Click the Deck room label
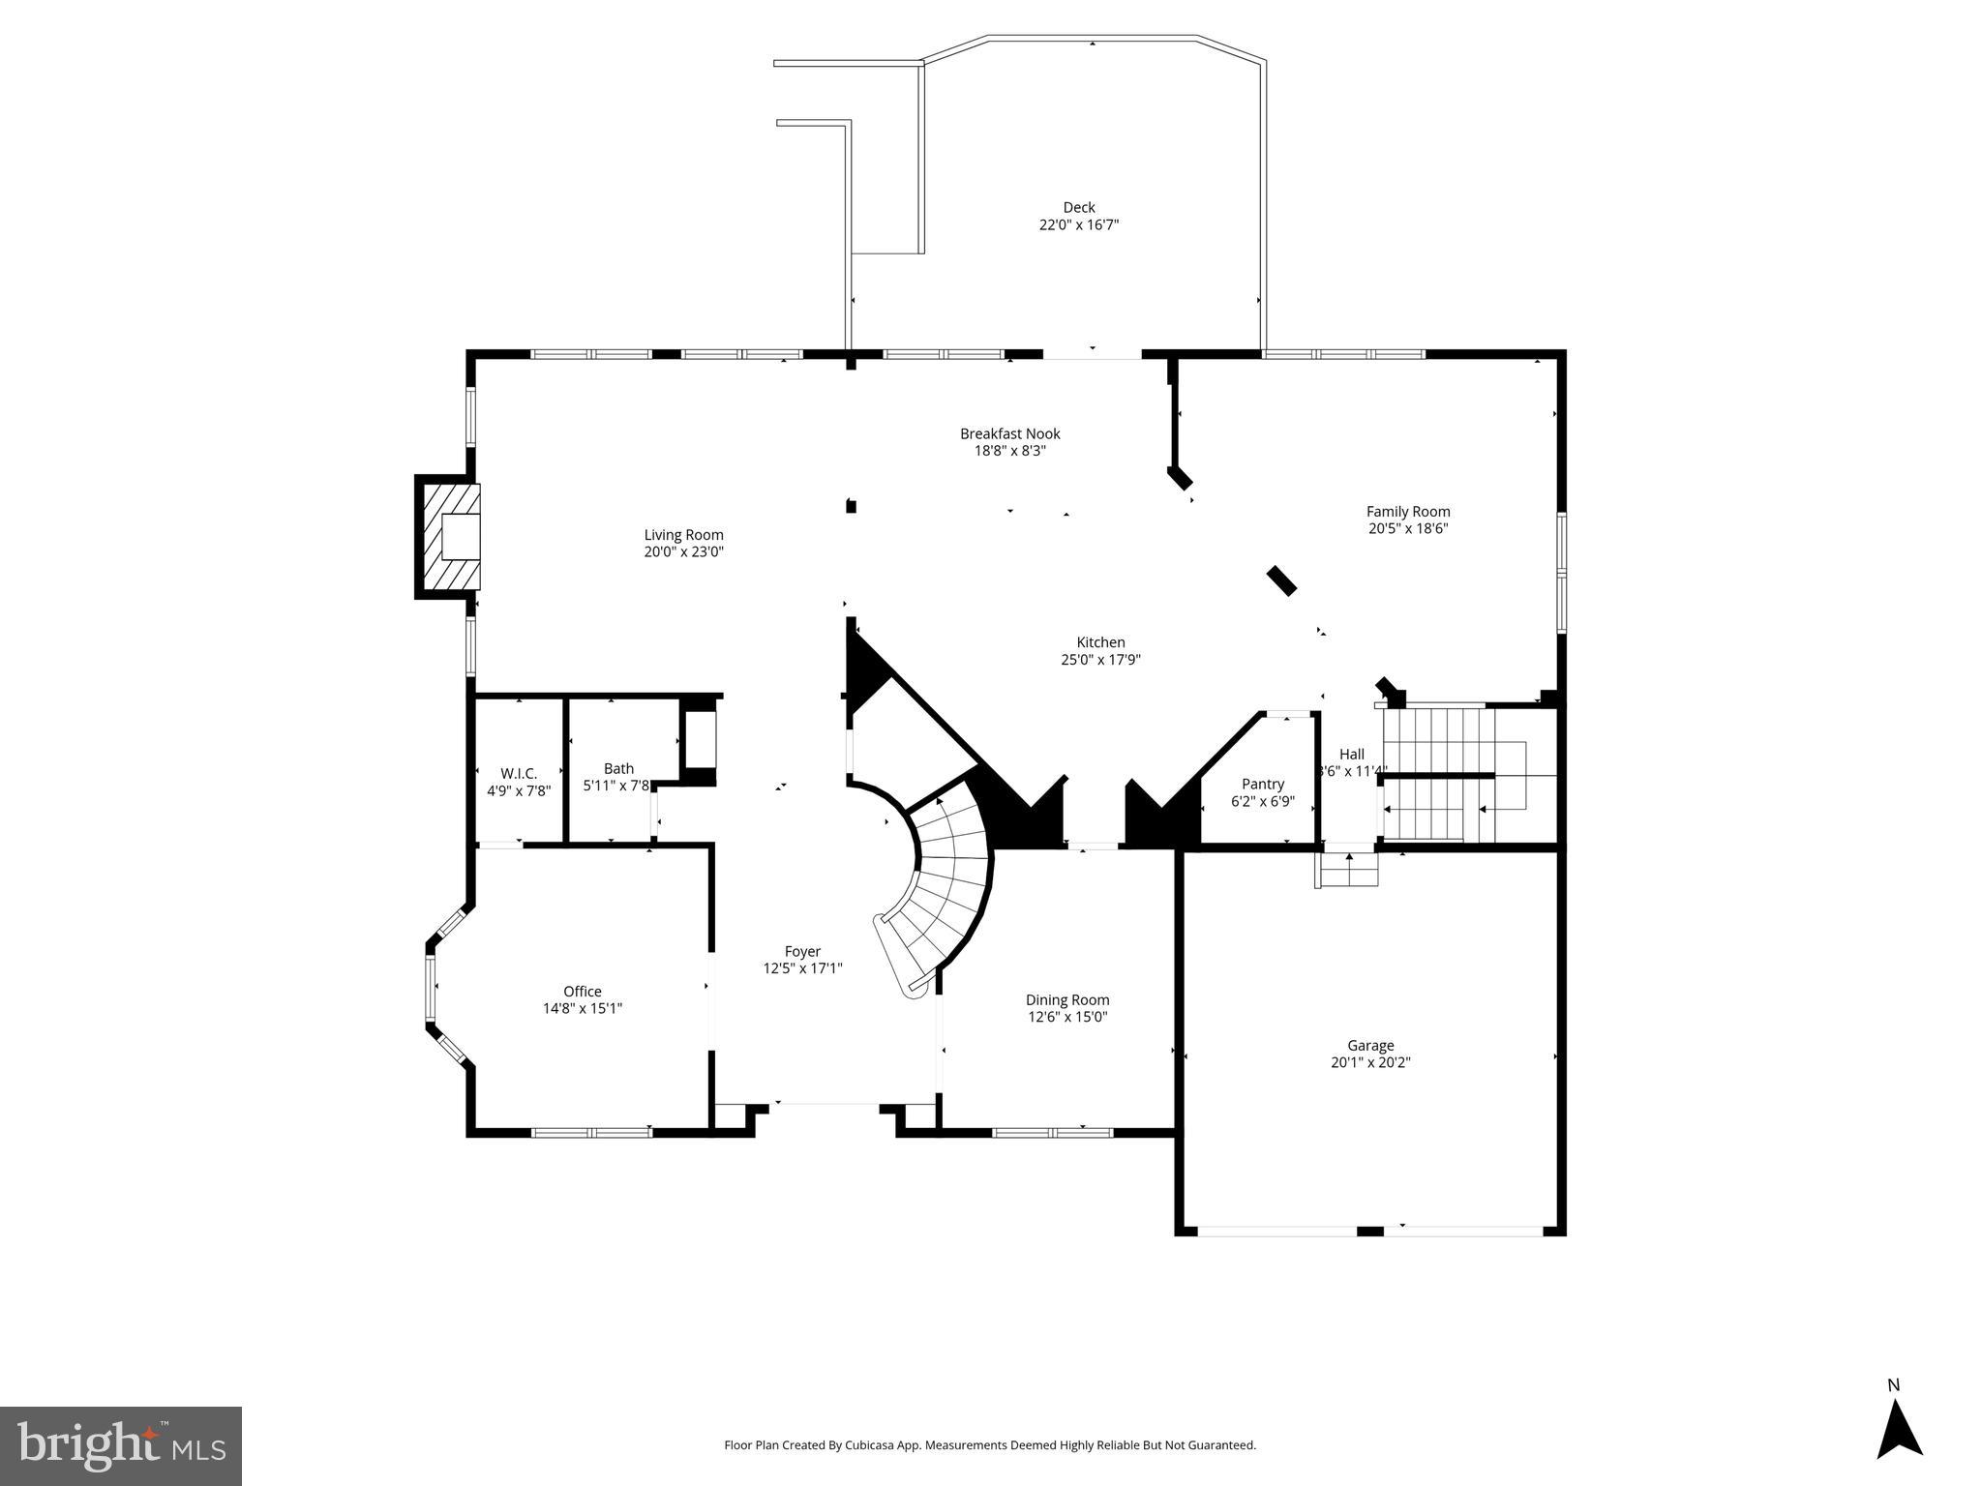click(x=1078, y=207)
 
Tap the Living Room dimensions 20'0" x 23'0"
click(x=683, y=552)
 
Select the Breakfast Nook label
click(x=1009, y=433)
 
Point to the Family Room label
click(x=1407, y=512)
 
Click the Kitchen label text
click(x=1100, y=642)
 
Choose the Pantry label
click(x=1262, y=785)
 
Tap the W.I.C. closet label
click(x=519, y=773)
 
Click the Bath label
click(x=618, y=769)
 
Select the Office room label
click(x=582, y=992)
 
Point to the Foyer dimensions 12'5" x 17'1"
click(x=802, y=968)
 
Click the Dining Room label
click(x=1066, y=1000)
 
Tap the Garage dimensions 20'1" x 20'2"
click(x=1370, y=1062)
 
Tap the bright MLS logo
click(x=120, y=1445)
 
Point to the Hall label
click(x=1351, y=755)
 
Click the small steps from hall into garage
click(x=1347, y=870)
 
